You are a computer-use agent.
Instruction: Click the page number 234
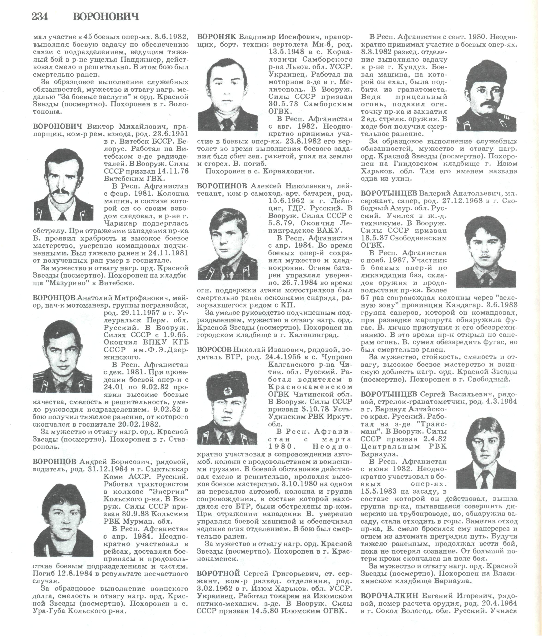40,16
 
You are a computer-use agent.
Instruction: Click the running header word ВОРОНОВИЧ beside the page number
106,16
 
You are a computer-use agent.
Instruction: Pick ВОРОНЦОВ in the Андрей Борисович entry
54,462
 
